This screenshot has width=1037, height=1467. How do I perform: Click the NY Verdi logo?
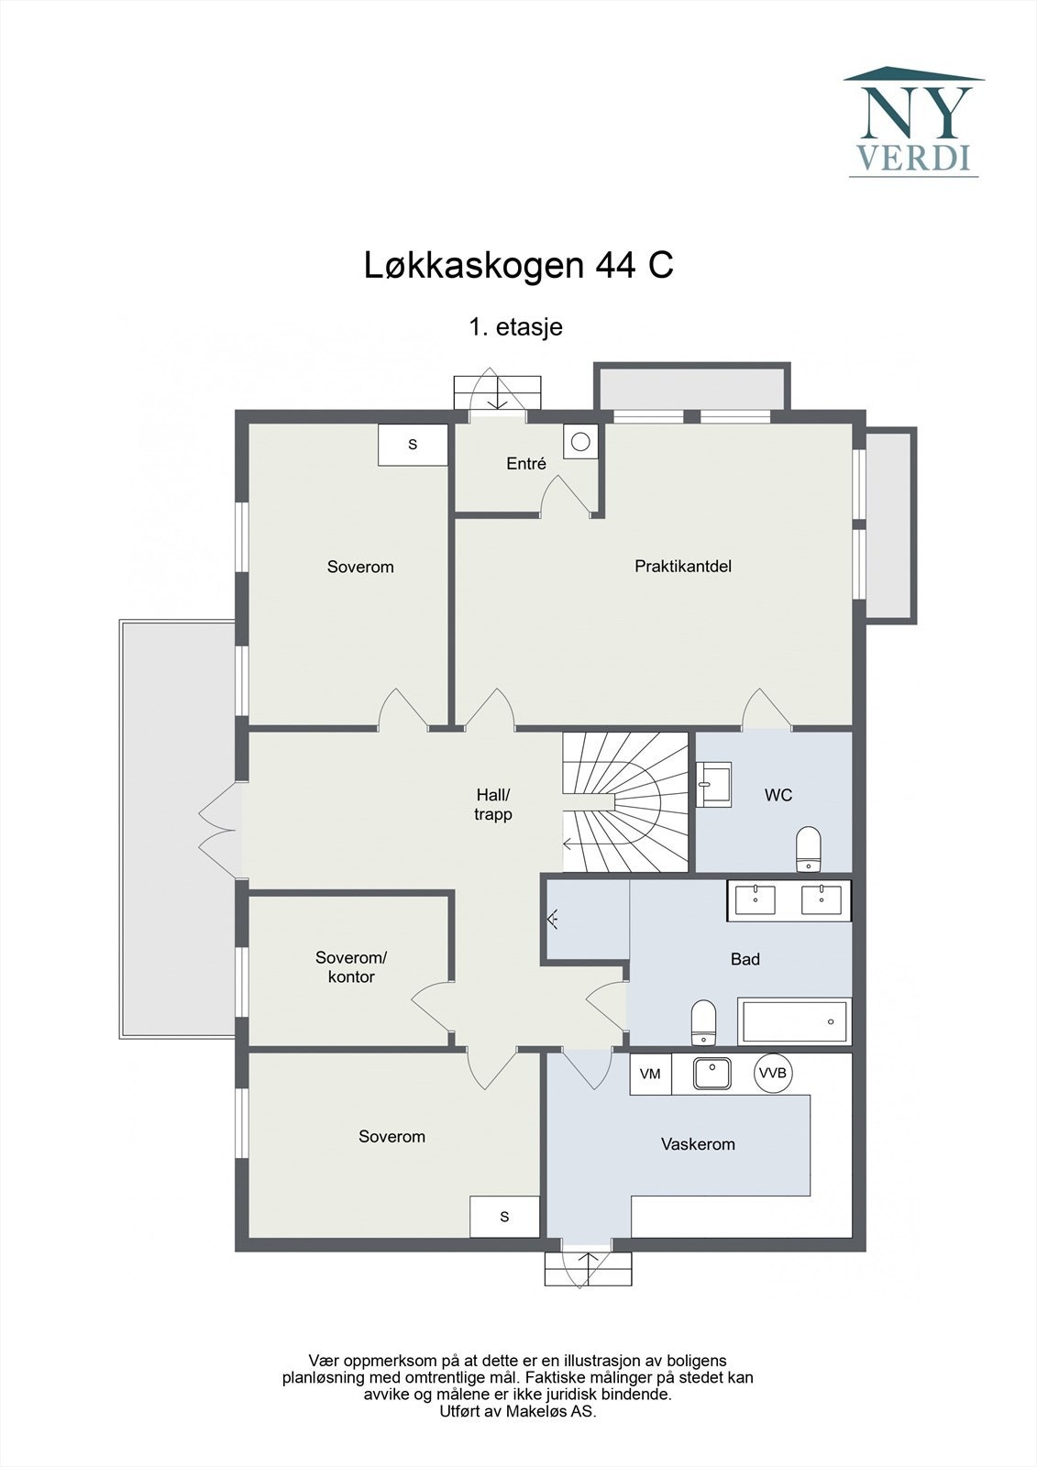[x=913, y=122]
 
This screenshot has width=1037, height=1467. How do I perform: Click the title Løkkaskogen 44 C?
[x=519, y=266]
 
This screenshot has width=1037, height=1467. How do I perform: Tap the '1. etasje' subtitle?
[x=515, y=327]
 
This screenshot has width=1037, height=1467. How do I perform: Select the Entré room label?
[x=526, y=464]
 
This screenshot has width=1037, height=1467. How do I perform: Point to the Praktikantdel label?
[x=683, y=567]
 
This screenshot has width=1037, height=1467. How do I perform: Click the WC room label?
[x=778, y=795]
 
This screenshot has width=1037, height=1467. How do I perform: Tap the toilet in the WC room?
[x=808, y=848]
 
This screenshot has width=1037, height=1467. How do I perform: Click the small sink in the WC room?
[x=713, y=784]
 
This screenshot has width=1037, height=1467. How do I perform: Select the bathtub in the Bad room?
[x=795, y=1021]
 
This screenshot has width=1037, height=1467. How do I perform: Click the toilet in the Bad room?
[x=702, y=1022]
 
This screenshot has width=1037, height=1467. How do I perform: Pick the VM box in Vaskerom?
[x=650, y=1074]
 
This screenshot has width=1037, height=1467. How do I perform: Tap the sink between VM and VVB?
[x=712, y=1073]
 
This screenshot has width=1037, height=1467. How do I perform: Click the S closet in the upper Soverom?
[x=413, y=445]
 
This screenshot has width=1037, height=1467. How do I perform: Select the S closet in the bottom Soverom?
[x=504, y=1217]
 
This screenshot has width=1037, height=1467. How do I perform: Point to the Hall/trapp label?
[x=493, y=805]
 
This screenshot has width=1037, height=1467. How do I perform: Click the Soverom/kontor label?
[x=351, y=967]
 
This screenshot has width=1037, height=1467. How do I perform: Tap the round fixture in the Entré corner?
[x=580, y=442]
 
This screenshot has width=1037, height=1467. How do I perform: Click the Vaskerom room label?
[x=698, y=1144]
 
